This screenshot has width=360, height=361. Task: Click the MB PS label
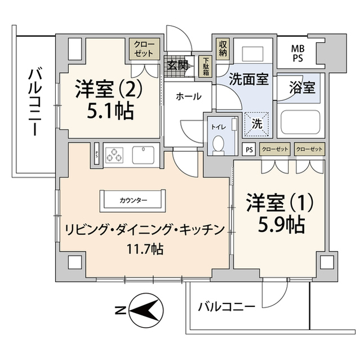pos(297,52)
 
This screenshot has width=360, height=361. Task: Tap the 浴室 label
pos(301,89)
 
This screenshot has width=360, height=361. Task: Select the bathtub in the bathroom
pos(302,124)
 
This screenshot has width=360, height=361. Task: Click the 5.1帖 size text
pos(110,111)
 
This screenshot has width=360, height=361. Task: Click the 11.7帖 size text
pos(144,248)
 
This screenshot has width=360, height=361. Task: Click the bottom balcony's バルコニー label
pos(226,307)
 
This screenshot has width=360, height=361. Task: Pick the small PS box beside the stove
pos(97,154)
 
